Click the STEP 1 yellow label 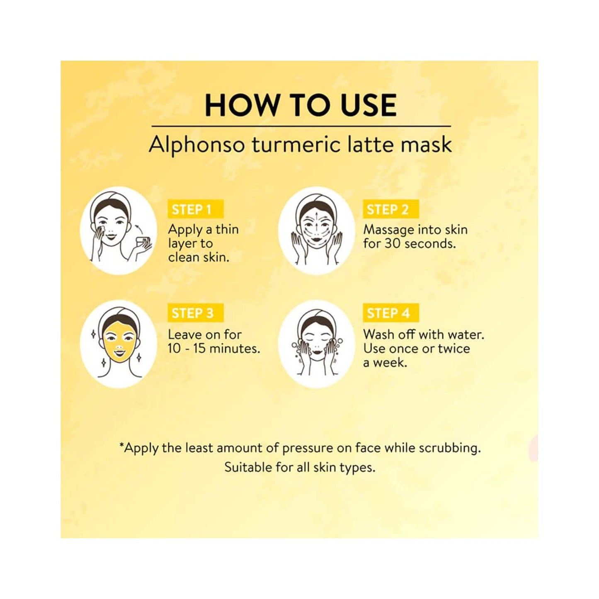pos(195,209)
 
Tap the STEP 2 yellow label pos(391,209)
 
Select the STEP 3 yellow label pos(195,313)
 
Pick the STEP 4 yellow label pos(391,313)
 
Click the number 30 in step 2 pos(392,243)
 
